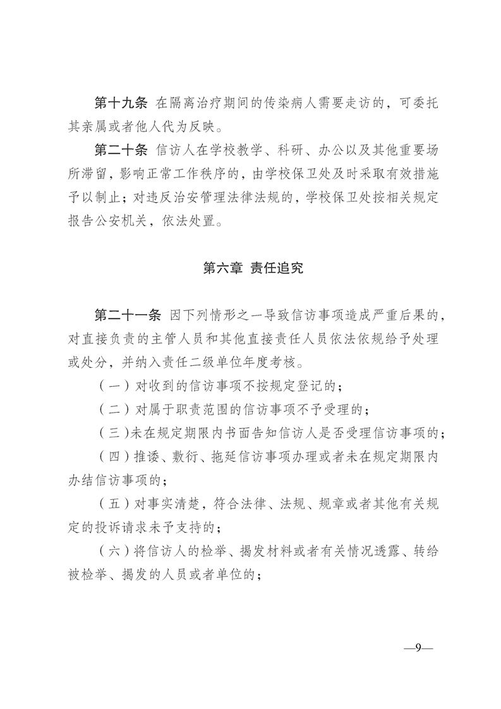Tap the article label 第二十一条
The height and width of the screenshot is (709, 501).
click(126, 316)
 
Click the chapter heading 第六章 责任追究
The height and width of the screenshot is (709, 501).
click(253, 267)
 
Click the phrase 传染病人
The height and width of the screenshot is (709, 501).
click(284, 103)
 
